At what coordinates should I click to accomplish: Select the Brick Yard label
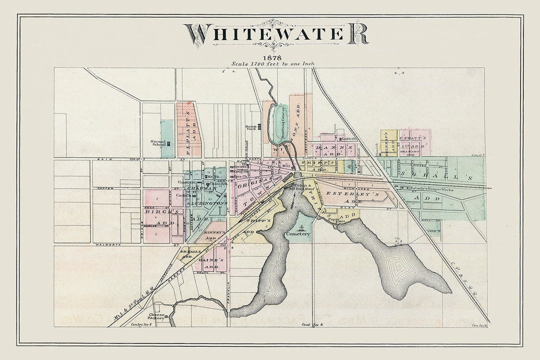click(x=251, y=128)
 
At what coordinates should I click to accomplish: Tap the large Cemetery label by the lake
click(x=298, y=233)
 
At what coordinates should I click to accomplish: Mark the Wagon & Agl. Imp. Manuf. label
click(x=302, y=187)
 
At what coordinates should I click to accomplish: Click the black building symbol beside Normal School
click(x=168, y=143)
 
